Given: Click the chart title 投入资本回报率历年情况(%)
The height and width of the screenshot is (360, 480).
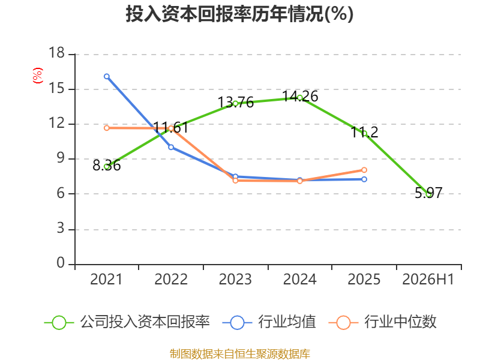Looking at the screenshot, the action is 239,14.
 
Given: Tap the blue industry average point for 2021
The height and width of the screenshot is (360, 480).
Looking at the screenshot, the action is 107,76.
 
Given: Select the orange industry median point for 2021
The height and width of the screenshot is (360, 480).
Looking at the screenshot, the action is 107,128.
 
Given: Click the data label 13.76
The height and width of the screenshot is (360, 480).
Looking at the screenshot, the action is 235,102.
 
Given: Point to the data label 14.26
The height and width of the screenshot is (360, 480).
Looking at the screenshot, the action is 300,96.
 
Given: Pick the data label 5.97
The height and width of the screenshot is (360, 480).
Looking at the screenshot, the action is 428,193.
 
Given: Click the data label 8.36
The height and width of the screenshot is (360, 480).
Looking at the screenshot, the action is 107,166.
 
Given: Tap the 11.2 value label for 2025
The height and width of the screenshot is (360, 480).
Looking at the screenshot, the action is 364,132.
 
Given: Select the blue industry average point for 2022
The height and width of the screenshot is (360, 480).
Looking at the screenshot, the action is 171,147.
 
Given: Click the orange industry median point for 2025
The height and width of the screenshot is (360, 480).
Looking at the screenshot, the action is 364,170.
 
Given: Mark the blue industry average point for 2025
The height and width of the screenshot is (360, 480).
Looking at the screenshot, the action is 364,179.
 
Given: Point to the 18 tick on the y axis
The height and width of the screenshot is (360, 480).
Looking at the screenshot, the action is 57,53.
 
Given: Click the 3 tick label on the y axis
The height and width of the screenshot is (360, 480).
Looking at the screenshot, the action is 61,229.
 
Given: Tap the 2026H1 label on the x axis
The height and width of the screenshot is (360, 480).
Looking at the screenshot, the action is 428,279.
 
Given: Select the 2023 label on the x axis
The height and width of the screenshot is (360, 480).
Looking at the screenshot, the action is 235,279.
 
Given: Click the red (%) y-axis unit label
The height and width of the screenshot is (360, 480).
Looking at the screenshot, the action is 38,76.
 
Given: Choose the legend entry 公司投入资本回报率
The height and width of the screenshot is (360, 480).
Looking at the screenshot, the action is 127,322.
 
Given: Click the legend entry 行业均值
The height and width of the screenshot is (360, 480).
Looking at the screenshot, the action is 269,322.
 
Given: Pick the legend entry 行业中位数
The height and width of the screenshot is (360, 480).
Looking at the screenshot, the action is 382,322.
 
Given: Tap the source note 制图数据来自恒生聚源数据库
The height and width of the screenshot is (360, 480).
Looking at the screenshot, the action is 240,354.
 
